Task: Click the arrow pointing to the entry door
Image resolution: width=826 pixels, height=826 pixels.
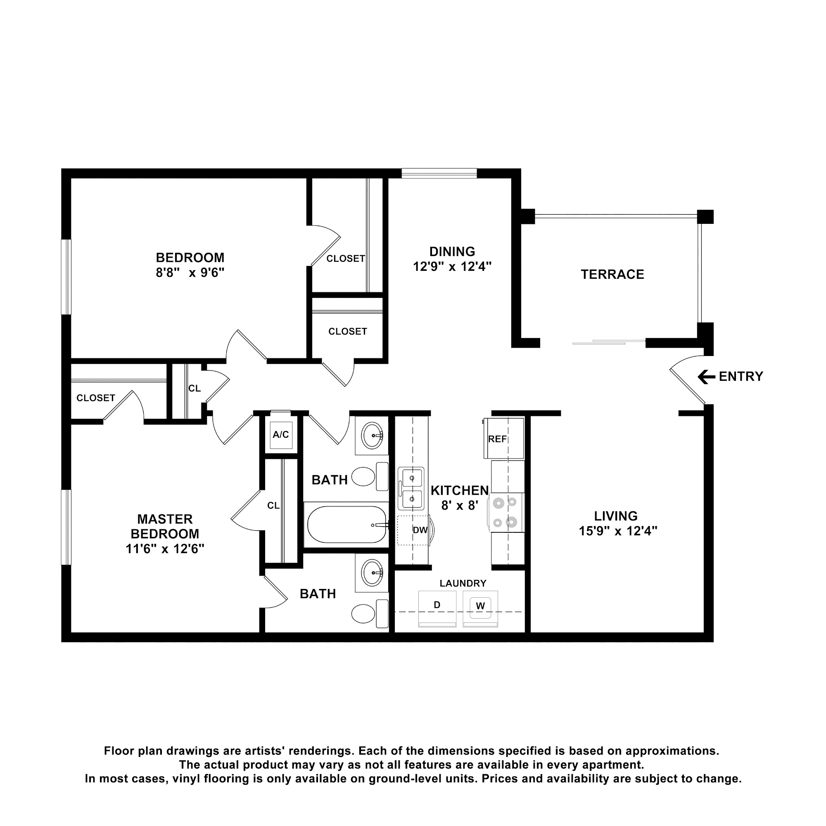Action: (x=706, y=377)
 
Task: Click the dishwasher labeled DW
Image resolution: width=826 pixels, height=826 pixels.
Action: (x=414, y=530)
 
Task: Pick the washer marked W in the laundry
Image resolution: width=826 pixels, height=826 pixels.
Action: (x=480, y=609)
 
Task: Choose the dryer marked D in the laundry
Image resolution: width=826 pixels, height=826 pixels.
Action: (x=437, y=609)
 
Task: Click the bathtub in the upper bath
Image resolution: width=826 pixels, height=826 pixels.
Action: (x=347, y=525)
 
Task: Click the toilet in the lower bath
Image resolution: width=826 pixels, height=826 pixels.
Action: (x=370, y=614)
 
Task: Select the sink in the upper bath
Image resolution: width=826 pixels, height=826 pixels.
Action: (x=372, y=436)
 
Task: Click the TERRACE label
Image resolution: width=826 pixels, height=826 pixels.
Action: (x=612, y=275)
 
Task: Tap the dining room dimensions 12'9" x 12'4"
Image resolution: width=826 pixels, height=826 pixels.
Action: (x=452, y=267)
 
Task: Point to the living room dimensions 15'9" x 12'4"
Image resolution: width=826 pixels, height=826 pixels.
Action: (x=618, y=531)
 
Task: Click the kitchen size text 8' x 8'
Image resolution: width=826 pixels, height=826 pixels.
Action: (x=460, y=506)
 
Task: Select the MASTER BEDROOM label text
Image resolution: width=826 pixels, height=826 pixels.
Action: (x=165, y=527)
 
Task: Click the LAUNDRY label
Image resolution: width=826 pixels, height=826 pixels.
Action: (x=463, y=583)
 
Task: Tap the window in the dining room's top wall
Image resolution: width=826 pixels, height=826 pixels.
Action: (x=439, y=173)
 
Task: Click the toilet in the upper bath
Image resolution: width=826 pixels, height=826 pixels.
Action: (x=370, y=476)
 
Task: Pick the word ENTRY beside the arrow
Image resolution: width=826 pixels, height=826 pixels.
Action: (x=741, y=377)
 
